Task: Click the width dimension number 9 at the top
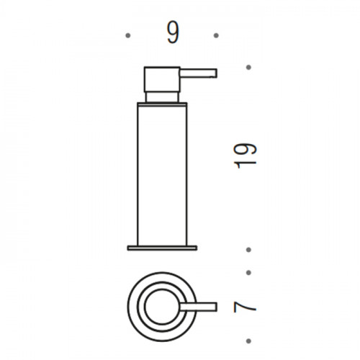(173, 33)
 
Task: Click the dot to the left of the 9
(128, 35)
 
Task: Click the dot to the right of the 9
(216, 35)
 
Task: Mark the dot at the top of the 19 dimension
(248, 67)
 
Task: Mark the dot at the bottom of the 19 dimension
(248, 250)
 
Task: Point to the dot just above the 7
(248, 273)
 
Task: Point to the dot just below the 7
(248, 341)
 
